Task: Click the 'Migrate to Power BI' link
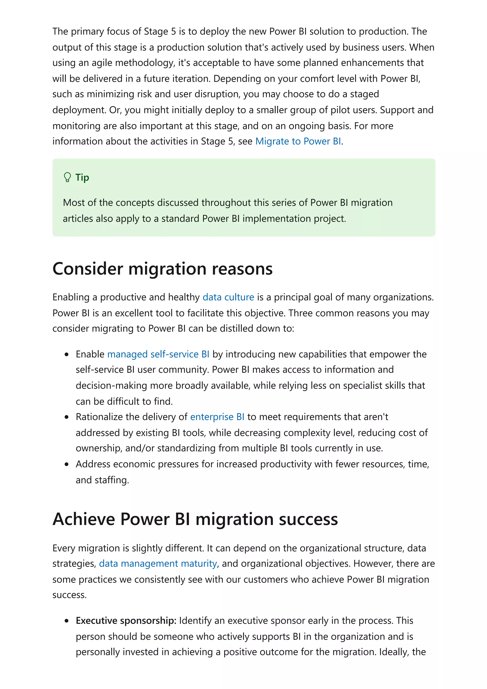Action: point(298,141)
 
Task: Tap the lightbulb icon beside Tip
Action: point(67,177)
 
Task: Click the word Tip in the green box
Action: point(82,177)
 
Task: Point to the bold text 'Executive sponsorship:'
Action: point(126,620)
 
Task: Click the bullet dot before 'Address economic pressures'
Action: point(67,464)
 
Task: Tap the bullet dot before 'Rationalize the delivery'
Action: point(67,417)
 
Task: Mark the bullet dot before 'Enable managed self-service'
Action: point(67,354)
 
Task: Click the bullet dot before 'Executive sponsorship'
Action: point(67,621)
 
